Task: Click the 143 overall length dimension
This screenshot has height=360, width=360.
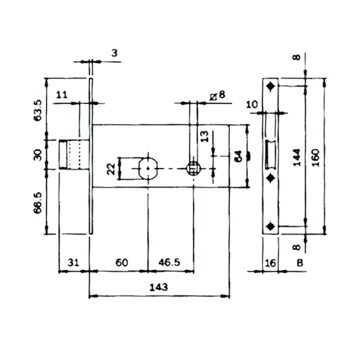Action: coord(159,287)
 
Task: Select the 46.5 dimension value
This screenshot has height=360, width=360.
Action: coord(170,262)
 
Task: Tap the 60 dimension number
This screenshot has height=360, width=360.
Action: coord(122,262)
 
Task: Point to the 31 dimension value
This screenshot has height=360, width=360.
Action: coord(73,262)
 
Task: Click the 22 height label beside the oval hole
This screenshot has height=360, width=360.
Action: coord(112,168)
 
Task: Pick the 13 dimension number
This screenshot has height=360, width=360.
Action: coord(204,137)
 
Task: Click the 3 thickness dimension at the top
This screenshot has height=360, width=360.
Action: coord(114,53)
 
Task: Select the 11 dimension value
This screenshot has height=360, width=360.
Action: coord(62,95)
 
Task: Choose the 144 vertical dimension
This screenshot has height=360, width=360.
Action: coord(296,157)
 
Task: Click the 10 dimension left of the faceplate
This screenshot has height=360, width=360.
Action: coord(252,105)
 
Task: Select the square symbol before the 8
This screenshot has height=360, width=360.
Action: coord(213,96)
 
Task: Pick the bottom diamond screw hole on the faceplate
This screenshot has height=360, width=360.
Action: coord(271,226)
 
